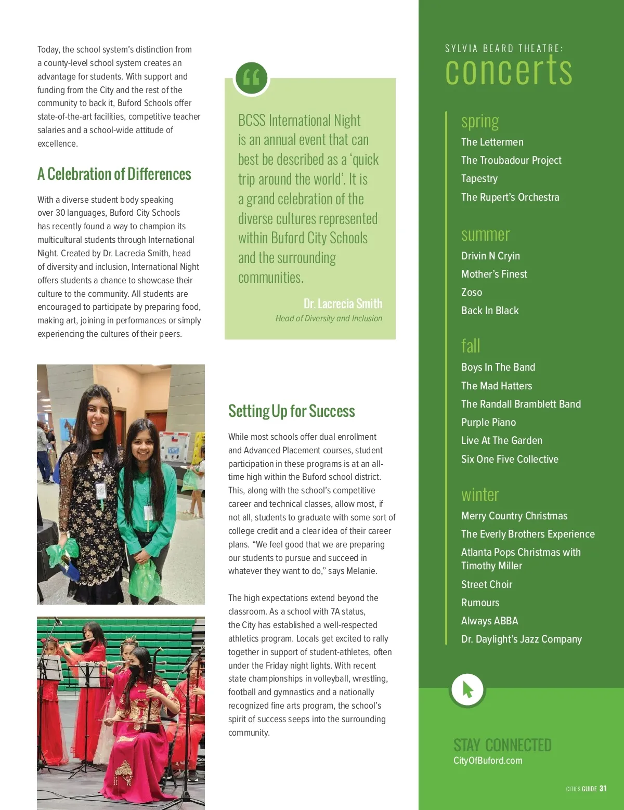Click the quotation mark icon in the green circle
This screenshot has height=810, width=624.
[251, 78]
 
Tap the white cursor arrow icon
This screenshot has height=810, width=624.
[467, 689]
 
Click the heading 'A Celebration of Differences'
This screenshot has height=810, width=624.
[114, 174]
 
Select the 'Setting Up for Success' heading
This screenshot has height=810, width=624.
[291, 411]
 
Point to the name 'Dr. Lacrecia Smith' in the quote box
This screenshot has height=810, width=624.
[343, 304]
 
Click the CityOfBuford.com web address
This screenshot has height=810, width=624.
[488, 761]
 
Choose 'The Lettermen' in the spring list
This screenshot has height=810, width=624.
[492, 142]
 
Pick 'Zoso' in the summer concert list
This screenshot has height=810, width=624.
[471, 292]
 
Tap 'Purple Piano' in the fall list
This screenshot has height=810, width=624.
[488, 422]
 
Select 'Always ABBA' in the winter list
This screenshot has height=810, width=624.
[489, 621]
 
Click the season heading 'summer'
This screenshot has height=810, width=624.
[485, 235]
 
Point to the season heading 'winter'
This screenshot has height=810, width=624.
[479, 495]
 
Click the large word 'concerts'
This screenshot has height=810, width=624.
[509, 71]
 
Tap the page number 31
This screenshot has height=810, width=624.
[603, 789]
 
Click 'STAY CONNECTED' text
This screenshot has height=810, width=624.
[502, 745]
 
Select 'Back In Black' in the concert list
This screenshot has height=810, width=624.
[490, 310]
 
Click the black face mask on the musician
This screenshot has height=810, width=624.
[135, 670]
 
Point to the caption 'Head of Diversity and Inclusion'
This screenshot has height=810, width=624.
[329, 319]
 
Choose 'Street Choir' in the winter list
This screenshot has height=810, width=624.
[486, 584]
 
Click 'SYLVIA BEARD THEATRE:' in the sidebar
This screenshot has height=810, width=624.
[503, 48]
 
